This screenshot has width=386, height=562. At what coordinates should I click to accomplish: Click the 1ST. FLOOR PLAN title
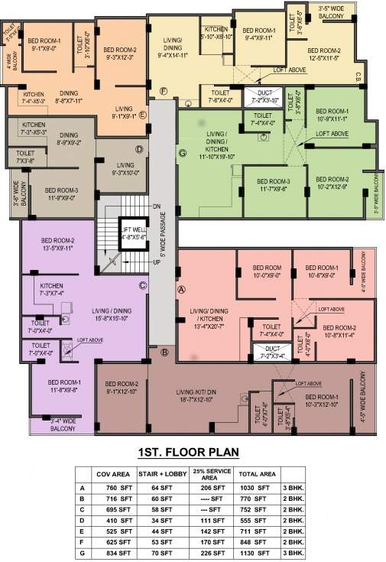(193, 451)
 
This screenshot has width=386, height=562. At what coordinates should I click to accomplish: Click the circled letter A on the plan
(181, 291)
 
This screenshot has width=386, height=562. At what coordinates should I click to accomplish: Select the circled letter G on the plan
(182, 153)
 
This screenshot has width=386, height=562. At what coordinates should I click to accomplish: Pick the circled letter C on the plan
(141, 286)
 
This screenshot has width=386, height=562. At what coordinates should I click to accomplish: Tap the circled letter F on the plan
(164, 91)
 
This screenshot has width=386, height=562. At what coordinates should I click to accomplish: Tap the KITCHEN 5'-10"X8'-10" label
(216, 32)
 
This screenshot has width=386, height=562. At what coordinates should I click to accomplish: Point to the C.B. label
(358, 76)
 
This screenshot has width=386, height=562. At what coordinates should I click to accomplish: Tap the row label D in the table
(82, 520)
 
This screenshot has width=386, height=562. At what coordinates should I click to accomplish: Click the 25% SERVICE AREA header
(209, 475)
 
